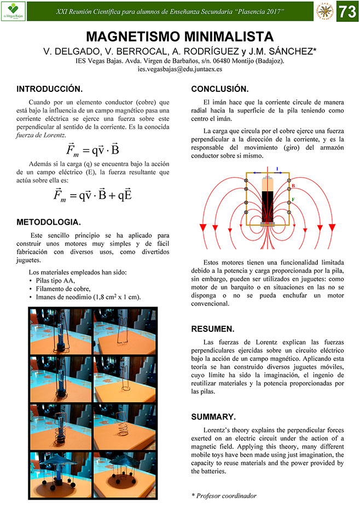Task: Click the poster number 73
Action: click(347, 11)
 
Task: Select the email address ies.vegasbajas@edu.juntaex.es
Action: click(180, 70)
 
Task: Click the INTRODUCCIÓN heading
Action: click(50, 89)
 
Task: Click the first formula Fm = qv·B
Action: click(93, 151)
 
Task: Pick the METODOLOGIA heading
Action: click(49, 222)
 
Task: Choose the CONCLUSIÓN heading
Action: click(219, 89)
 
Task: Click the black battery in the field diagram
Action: click(268, 205)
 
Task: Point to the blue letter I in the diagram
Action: click(276, 169)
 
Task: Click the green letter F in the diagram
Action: click(293, 200)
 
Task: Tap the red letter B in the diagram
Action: click(293, 186)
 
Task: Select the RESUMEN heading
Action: click(212, 329)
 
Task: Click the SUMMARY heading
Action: click(213, 417)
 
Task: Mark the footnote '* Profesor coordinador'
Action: click(224, 495)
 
